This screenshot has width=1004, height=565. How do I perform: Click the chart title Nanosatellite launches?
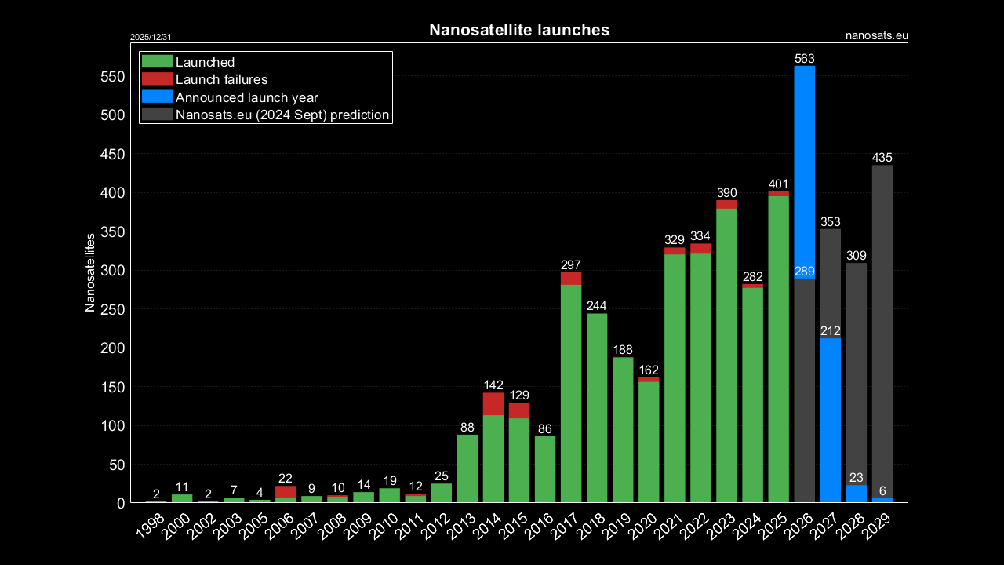coord(518,30)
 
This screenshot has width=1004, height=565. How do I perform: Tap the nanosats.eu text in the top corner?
coord(877,35)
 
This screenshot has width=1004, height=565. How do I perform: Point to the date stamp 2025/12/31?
coord(151,37)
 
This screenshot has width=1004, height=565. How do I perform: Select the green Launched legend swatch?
coord(157,62)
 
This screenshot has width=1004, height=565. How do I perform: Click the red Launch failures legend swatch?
coord(157,79)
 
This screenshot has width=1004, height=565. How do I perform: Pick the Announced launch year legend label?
coord(247,97)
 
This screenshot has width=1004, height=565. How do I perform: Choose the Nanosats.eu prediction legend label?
coord(282,115)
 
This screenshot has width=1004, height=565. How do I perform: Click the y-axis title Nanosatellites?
coord(90,272)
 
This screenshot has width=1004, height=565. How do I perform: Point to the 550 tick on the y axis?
coord(112,77)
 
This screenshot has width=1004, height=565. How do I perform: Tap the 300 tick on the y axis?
coord(112,271)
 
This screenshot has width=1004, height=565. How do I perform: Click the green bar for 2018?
coord(597,408)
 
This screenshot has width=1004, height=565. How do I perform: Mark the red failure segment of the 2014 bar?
coord(493,403)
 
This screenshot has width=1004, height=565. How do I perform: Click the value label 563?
coord(805,59)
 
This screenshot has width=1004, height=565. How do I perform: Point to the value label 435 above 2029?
coord(882,159)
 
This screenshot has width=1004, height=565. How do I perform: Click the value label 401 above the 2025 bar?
coord(778,184)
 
